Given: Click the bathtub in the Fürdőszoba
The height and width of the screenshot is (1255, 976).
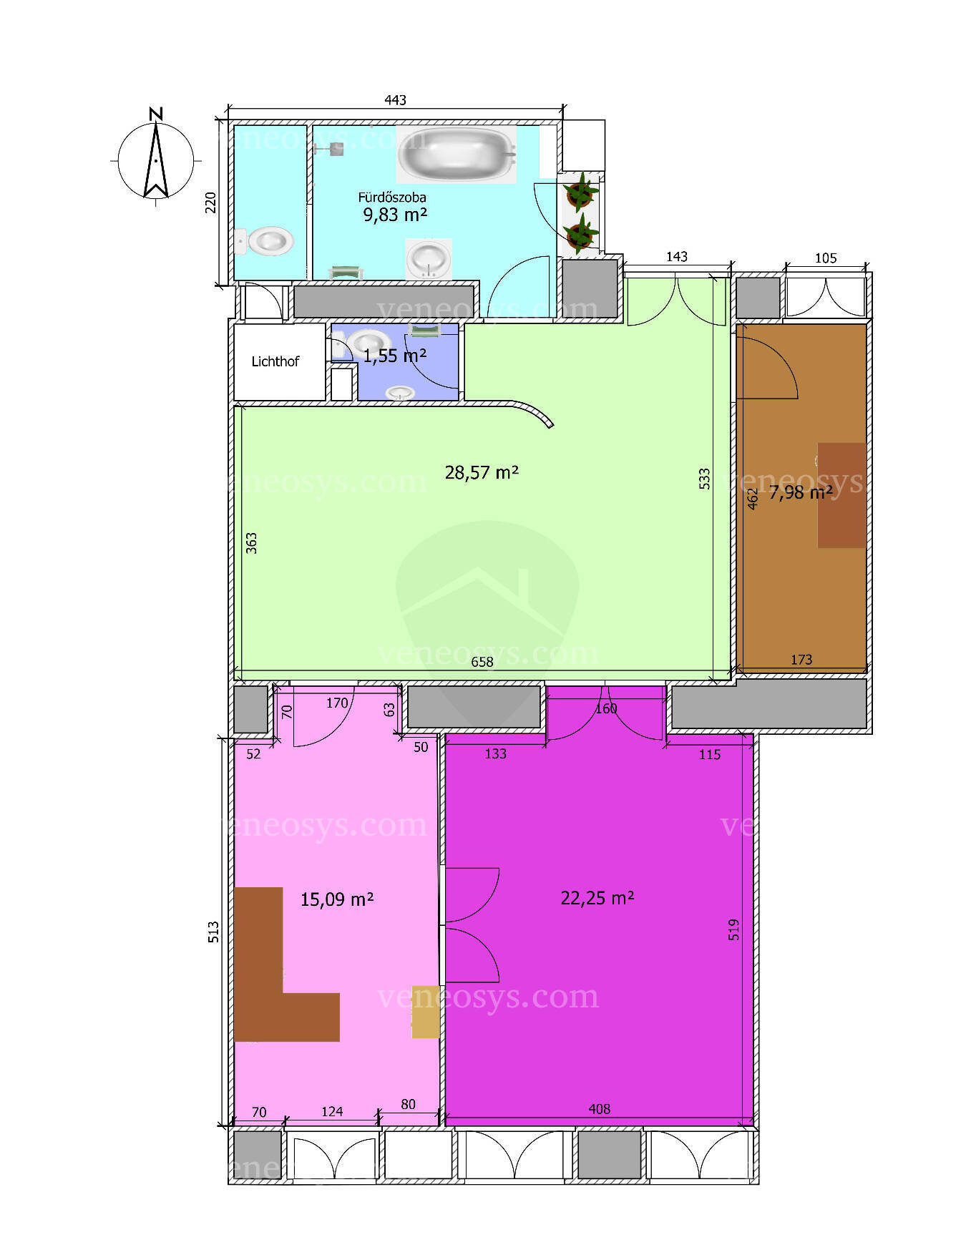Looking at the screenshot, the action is tap(457, 155).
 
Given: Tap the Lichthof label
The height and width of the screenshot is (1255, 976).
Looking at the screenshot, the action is tap(275, 361).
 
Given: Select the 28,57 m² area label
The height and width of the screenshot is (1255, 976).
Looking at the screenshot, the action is tap(482, 472).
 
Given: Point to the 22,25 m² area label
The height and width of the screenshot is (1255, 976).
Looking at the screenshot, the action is tap(597, 897).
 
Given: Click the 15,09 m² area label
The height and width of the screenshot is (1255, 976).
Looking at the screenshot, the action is tap(337, 899).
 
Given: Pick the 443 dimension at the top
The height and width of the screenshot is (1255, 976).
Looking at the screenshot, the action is tap(395, 100).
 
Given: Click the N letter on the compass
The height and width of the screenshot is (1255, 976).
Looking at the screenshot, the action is tap(156, 113).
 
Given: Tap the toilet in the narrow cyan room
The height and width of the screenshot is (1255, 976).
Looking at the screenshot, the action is tap(264, 241).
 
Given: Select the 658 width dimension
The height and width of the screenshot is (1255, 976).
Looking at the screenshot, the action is tap(482, 662).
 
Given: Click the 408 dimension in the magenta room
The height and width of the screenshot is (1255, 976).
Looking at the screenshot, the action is tap(600, 1109).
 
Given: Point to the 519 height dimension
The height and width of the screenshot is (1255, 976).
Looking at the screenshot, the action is tap(733, 929).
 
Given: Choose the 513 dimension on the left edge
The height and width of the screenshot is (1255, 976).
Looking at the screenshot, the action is tap(213, 932).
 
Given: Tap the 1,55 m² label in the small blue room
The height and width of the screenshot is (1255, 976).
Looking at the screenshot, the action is tap(395, 356).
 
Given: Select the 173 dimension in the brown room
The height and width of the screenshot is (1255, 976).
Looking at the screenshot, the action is tap(801, 660).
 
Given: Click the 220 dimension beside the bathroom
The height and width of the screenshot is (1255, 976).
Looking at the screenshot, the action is tap(210, 202).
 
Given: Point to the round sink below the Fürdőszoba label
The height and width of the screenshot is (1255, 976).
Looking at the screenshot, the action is tap(429, 258).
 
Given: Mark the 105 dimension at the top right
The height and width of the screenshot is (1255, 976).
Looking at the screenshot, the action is tap(826, 258).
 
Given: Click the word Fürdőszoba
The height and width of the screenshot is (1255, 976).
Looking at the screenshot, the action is tap(392, 197).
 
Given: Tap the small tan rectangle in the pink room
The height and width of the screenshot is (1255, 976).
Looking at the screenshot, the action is tap(425, 1017).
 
